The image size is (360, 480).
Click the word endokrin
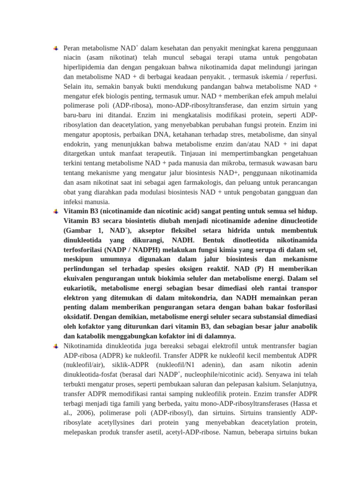[x=75, y=144]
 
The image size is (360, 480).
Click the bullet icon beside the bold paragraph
[x=55, y=210]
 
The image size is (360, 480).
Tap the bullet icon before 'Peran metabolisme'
[x=55, y=48]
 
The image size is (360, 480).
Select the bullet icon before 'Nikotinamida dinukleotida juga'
[x=55, y=346]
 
